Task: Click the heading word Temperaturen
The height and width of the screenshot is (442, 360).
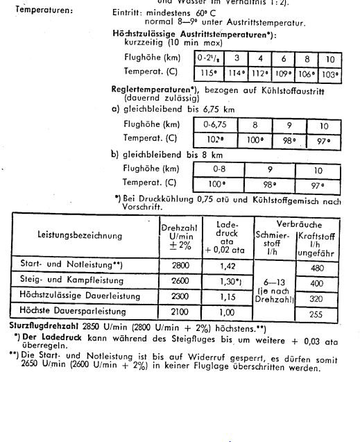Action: (x=43, y=10)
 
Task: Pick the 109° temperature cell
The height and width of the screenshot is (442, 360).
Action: (x=283, y=73)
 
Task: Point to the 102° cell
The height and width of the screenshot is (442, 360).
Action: (x=218, y=138)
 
